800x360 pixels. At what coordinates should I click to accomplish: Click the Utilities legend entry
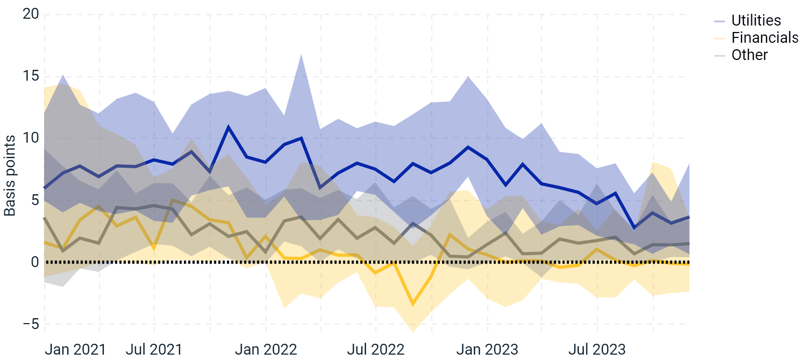point(756,21)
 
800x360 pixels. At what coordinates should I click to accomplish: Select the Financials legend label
point(765,38)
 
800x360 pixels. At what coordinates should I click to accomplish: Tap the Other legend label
point(749,55)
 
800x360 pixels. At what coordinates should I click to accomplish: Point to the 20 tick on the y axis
point(30,14)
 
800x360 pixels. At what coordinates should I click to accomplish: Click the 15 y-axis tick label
point(30,76)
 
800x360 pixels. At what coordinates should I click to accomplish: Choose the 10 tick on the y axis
point(30,138)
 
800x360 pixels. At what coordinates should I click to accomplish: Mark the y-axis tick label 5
point(34,200)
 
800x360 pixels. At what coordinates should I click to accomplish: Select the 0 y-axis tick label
point(34,262)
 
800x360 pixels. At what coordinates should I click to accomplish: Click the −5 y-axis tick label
point(30,324)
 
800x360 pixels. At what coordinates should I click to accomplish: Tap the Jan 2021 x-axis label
point(75,350)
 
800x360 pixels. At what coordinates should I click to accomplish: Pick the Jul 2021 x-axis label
point(154,350)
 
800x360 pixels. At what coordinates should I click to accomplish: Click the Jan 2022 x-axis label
point(266,350)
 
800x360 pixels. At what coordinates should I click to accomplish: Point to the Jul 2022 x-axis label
point(376,350)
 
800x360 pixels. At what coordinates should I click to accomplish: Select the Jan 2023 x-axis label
point(487,350)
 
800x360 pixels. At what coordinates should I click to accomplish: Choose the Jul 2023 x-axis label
point(597,350)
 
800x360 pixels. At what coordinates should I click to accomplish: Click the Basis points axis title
point(10,176)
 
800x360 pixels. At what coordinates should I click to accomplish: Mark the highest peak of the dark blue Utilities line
point(228,127)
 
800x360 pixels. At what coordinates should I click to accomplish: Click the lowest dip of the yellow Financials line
point(413,305)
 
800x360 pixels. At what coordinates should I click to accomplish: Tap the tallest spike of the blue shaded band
point(301,54)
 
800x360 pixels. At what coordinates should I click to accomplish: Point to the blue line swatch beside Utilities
point(719,21)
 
